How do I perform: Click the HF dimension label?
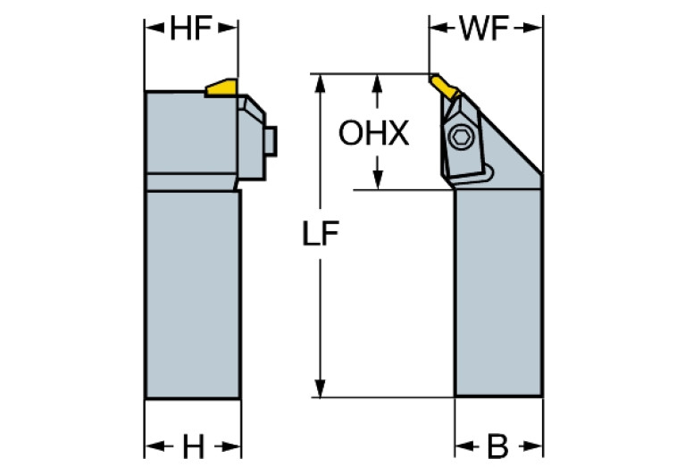(190, 29)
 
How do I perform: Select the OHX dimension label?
(373, 134)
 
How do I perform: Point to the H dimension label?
(193, 444)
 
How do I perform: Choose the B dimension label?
(498, 444)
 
